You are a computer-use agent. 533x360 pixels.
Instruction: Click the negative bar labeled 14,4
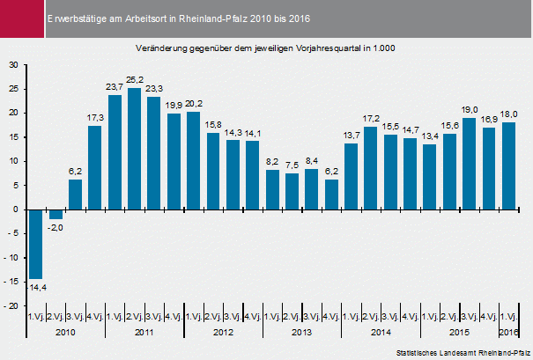point(36,244)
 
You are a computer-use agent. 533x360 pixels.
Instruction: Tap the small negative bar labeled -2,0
point(56,214)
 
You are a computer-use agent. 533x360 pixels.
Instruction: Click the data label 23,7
point(115,86)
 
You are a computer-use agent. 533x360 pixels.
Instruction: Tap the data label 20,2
point(193,103)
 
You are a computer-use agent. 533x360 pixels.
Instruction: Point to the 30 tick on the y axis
point(12,65)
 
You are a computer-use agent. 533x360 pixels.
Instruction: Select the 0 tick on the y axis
point(15,209)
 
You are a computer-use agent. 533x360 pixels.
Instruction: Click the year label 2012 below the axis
point(222,332)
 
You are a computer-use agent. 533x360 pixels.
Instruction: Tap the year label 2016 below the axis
point(508,332)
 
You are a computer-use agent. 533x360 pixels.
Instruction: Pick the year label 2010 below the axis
point(65,332)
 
